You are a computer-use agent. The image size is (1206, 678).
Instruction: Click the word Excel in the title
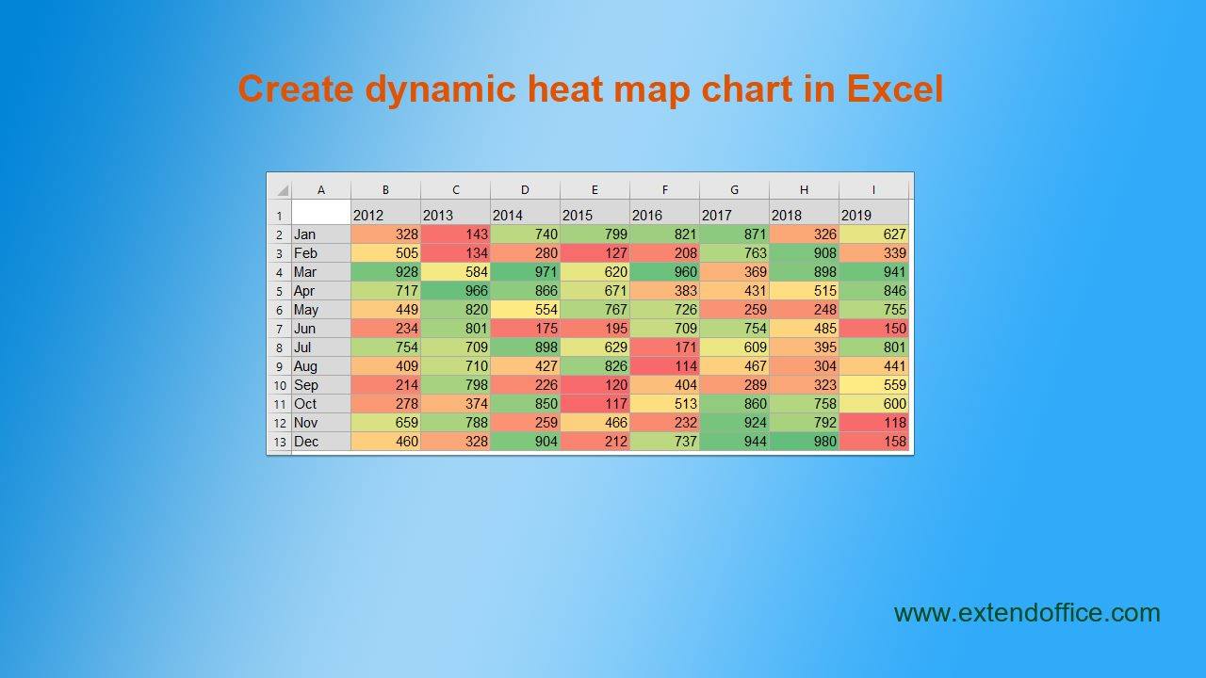click(895, 89)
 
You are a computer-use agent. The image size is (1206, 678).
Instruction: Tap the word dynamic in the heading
click(441, 89)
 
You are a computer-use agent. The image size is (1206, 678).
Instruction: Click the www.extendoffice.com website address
click(1027, 613)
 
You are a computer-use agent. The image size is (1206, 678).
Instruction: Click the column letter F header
click(665, 190)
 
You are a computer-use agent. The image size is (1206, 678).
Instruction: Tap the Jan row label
click(321, 234)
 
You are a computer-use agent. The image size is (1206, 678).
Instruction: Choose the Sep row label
click(321, 385)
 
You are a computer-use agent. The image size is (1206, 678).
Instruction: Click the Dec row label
click(321, 442)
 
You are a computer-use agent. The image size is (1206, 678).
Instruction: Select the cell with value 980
click(805, 442)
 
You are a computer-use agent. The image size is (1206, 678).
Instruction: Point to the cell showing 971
click(526, 272)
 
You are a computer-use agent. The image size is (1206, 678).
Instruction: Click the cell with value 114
click(665, 366)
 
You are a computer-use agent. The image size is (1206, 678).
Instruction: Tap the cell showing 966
click(455, 291)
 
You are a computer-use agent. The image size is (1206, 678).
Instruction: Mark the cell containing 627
click(873, 234)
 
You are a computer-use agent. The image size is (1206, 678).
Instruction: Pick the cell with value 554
click(526, 310)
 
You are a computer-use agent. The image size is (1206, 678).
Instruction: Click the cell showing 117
click(595, 404)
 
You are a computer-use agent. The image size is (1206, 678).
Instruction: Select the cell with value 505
click(385, 253)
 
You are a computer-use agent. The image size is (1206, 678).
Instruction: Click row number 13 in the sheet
click(280, 442)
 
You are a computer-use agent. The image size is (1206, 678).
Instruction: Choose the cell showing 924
click(734, 423)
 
